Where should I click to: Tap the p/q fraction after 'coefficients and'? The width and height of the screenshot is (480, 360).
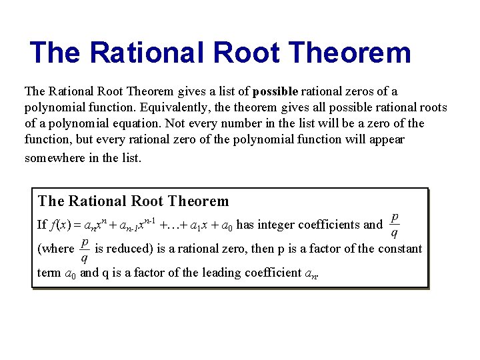pos(395,225)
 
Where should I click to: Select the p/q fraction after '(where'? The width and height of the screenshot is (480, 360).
pos(85,249)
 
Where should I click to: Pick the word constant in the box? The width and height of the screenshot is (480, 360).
pos(400,249)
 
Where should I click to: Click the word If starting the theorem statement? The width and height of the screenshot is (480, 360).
pos(42,225)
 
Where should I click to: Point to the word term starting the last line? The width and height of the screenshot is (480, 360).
pos(49,273)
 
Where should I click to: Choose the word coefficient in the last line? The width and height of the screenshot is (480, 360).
pos(246,273)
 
